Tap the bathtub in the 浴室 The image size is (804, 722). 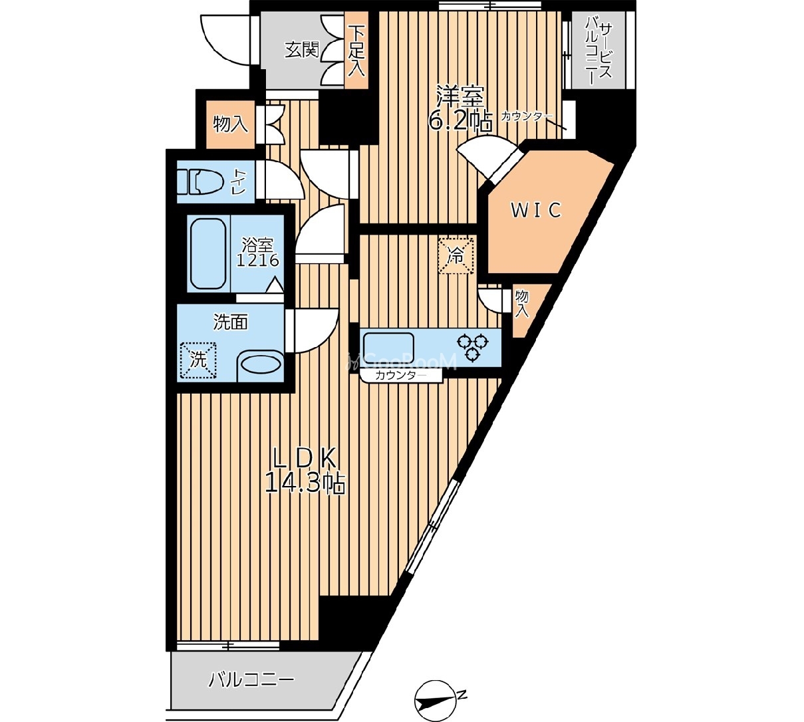208,253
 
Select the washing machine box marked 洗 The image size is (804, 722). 198,360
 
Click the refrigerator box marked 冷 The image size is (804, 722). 456,255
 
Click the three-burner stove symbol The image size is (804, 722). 473,347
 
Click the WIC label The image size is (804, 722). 536,210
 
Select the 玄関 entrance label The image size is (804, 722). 302,50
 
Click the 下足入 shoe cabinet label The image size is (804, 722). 356,51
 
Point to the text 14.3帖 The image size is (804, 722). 305,483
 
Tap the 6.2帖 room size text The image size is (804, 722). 460,120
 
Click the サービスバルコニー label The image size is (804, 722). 599,50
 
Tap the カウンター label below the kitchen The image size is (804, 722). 401,375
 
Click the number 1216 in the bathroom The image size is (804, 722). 258,261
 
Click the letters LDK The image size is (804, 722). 305,459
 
